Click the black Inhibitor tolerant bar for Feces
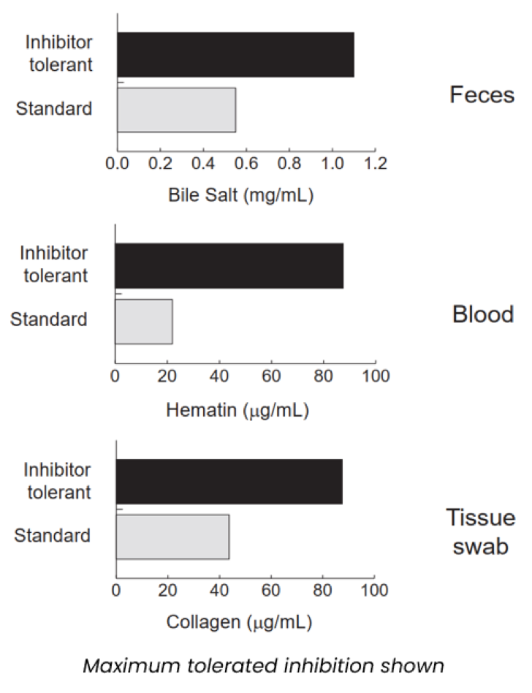235,55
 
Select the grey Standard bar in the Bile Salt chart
176,110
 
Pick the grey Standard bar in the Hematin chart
143,322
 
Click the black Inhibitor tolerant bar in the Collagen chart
229,482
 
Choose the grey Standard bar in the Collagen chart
172,537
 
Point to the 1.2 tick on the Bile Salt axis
375,162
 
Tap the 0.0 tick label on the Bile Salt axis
117,162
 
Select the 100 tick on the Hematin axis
375,376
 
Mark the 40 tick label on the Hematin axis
219,376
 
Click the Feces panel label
482,95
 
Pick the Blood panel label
483,314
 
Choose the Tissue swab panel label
481,531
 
